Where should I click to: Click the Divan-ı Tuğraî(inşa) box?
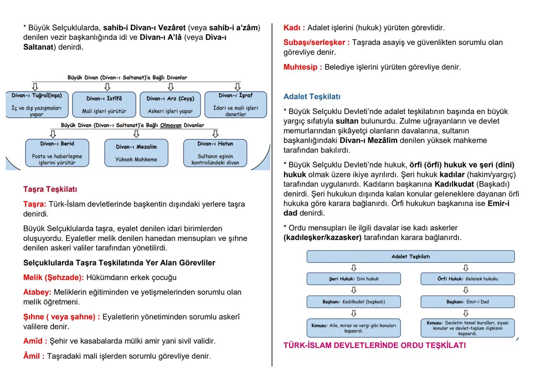coord(37,104)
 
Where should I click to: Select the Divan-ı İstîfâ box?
coord(104,104)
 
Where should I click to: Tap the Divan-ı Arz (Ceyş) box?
coord(170,104)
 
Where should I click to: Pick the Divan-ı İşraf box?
coord(235,104)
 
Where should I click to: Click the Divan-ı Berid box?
coord(57,153)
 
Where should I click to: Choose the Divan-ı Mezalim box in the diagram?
coord(136,153)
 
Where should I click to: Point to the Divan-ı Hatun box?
coord(215,153)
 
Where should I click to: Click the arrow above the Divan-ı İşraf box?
coord(237,87)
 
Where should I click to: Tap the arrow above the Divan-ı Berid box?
coord(53,134)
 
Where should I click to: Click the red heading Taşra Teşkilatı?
coord(50,189)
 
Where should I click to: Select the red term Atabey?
coord(37,292)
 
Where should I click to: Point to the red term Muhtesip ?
coord(302,67)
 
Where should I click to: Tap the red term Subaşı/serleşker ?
coord(316,42)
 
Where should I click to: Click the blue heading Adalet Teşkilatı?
coord(312,97)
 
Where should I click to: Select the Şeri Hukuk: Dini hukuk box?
coord(353,279)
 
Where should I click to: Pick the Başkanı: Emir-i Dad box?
coord(467,302)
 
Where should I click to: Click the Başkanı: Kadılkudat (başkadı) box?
coord(353,302)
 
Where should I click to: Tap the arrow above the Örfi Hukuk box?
coord(466,268)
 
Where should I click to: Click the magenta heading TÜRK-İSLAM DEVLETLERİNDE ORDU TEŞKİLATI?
coord(374,345)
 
